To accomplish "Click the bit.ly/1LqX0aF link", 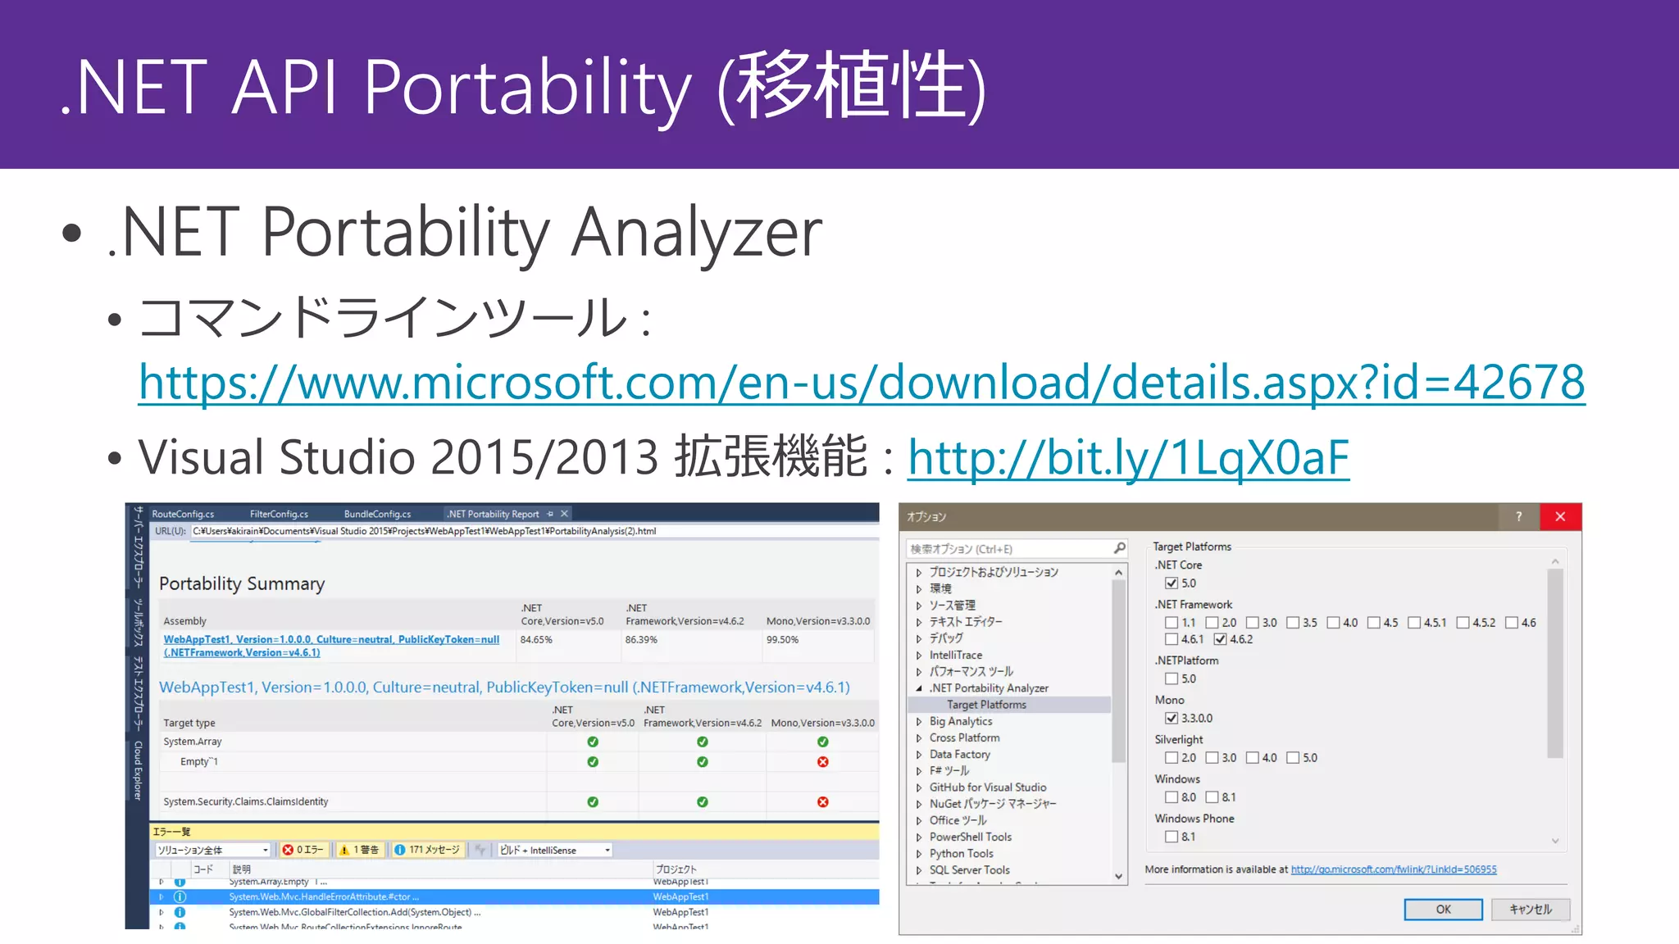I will [1127, 457].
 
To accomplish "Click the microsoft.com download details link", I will [861, 383].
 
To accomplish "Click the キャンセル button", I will [1530, 910].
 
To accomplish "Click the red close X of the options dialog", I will [1560, 516].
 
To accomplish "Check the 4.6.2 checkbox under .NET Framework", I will [1221, 639].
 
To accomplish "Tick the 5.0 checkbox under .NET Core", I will [1172, 583].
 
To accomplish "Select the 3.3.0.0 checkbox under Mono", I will [1172, 718].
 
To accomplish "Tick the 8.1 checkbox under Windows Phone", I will [1172, 837].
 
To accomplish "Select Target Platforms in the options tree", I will [986, 705].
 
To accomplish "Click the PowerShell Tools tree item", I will [970, 837].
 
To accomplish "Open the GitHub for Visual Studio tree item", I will [987, 787].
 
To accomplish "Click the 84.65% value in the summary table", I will [536, 640].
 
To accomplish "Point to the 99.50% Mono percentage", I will [782, 640].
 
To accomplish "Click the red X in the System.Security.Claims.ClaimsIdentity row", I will [822, 802].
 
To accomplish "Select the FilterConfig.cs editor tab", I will [279, 514].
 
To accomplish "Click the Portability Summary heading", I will [242, 583].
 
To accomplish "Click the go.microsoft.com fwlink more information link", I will [1393, 869].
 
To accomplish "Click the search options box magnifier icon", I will [1119, 548].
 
